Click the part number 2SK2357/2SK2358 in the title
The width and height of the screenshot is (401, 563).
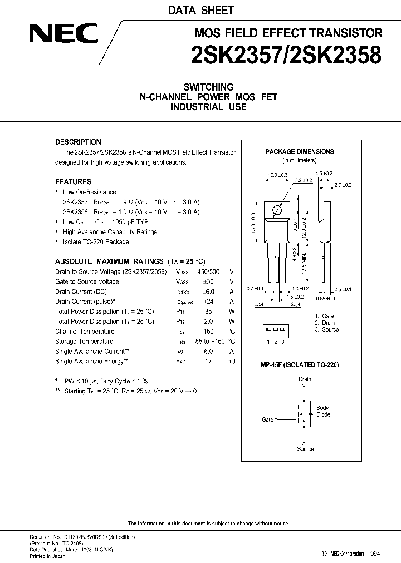click(x=286, y=56)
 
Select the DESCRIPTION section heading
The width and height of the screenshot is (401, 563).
click(x=78, y=142)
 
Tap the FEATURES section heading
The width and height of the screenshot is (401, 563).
click(x=73, y=181)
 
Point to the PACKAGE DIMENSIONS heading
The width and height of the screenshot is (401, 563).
click(x=300, y=151)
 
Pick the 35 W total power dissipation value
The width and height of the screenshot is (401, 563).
click(x=209, y=312)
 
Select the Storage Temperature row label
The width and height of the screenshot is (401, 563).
click(x=84, y=342)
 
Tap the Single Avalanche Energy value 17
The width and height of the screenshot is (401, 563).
click(x=209, y=362)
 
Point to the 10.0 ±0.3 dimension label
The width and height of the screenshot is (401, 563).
click(x=278, y=175)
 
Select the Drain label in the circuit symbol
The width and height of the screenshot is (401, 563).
click(x=305, y=379)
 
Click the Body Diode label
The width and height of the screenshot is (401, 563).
click(x=323, y=411)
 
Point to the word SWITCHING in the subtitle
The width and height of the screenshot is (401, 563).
click(x=208, y=87)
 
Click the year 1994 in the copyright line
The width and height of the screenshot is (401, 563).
click(x=374, y=554)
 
